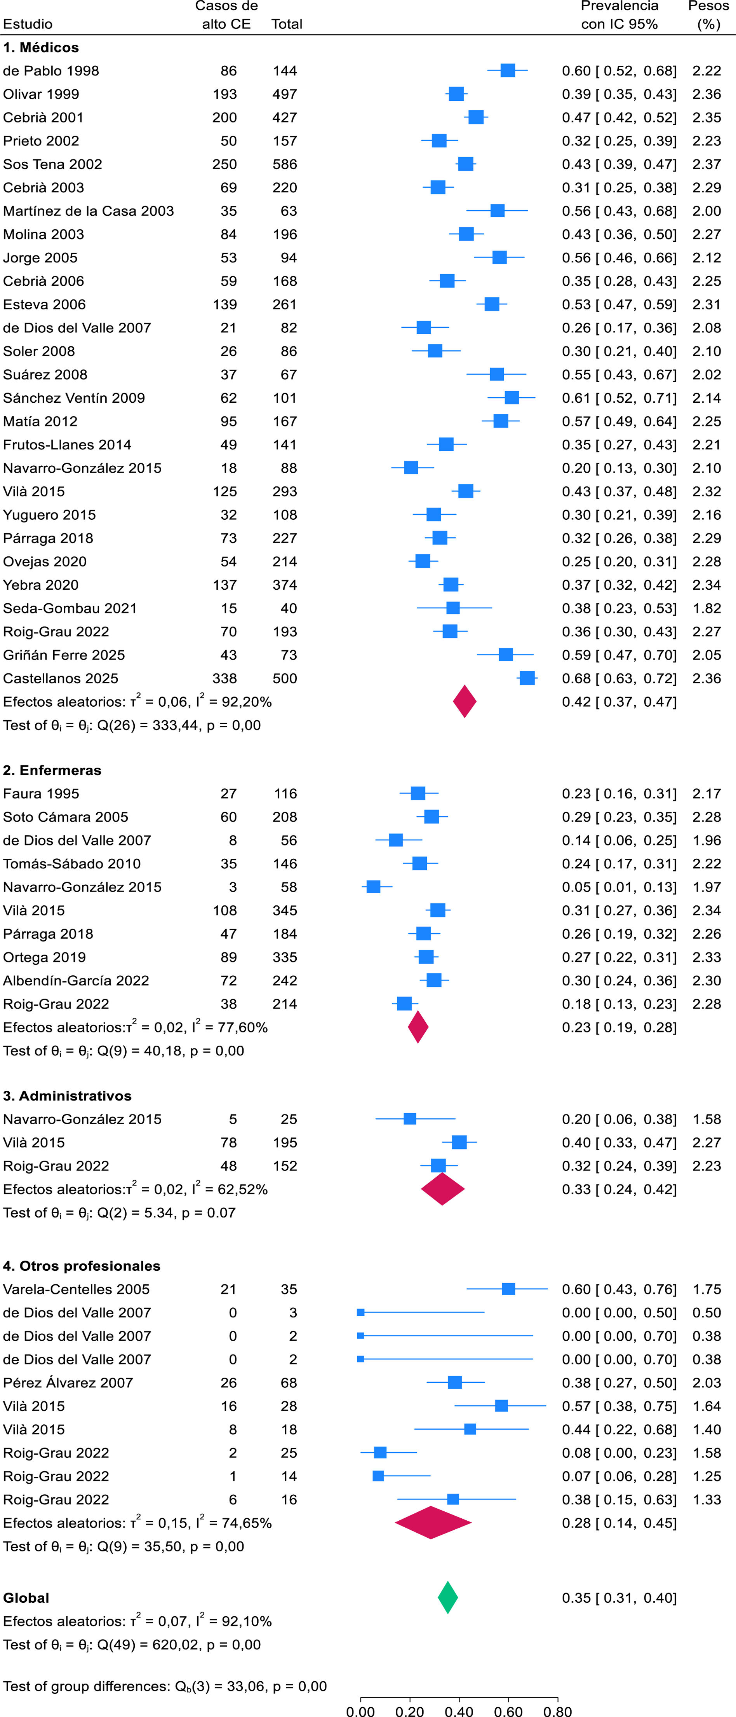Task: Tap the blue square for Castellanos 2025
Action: (527, 678)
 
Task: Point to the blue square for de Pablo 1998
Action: (508, 71)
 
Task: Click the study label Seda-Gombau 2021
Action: (70, 608)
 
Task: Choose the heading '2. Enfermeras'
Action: (52, 770)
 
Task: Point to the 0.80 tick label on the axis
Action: (557, 1710)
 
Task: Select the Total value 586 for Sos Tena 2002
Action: (284, 164)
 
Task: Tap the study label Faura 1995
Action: (41, 793)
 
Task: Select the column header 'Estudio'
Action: (28, 24)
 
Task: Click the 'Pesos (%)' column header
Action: (708, 15)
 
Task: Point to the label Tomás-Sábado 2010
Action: (72, 863)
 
